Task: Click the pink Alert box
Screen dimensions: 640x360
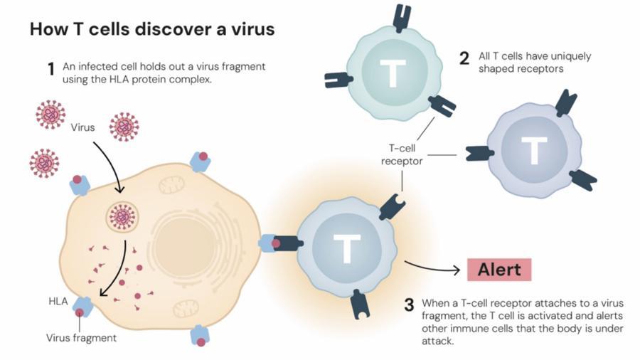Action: tap(499, 270)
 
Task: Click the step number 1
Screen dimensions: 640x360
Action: tap(51, 69)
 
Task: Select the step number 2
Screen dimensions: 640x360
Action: tap(464, 58)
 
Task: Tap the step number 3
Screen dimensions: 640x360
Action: tap(409, 305)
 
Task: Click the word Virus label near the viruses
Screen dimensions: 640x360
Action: tap(82, 127)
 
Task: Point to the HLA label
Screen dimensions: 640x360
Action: tap(58, 301)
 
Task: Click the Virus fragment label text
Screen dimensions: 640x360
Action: tap(81, 338)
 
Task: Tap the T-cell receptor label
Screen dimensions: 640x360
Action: tap(402, 154)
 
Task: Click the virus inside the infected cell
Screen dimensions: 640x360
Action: tap(122, 217)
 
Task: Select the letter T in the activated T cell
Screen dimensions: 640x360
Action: tap(346, 248)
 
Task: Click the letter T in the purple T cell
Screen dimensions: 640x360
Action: tap(534, 151)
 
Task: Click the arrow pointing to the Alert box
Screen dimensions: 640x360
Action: tap(432, 268)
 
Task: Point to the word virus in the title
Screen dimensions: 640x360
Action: tap(253, 29)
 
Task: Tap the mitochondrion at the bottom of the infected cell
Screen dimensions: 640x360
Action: tap(186, 309)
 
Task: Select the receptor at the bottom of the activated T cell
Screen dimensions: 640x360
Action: tap(360, 304)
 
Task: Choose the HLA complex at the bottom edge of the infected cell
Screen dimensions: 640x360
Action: tap(200, 336)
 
